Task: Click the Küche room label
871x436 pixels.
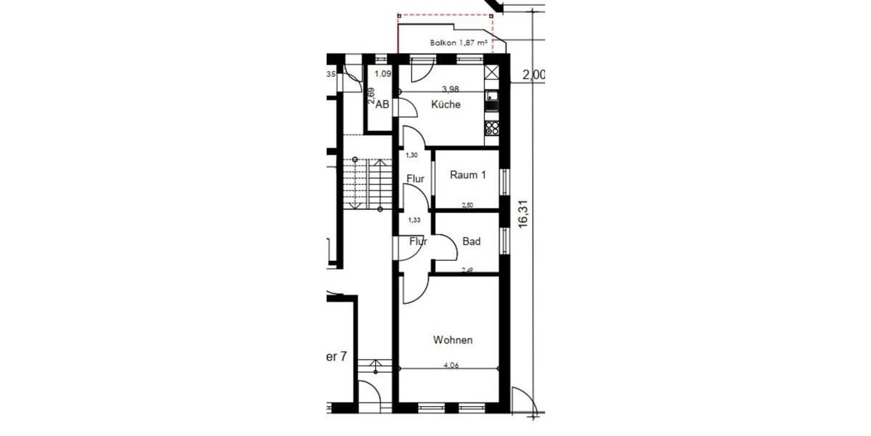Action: click(x=446, y=105)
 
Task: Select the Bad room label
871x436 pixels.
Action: click(x=471, y=242)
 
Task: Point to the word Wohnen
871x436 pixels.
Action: click(x=453, y=340)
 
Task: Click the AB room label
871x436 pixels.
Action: click(x=383, y=105)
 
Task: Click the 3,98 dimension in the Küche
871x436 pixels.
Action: click(x=451, y=89)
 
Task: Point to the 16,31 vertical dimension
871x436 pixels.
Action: click(x=524, y=214)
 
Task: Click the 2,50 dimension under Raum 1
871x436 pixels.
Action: click(x=467, y=206)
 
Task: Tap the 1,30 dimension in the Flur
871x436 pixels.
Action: click(x=412, y=155)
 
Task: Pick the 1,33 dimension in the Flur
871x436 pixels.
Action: click(x=414, y=219)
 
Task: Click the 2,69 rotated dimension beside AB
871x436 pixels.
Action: click(x=371, y=97)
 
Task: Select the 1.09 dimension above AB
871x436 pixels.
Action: click(x=383, y=74)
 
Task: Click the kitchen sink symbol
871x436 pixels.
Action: click(x=491, y=96)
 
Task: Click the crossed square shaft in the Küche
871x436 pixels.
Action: click(x=491, y=73)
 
